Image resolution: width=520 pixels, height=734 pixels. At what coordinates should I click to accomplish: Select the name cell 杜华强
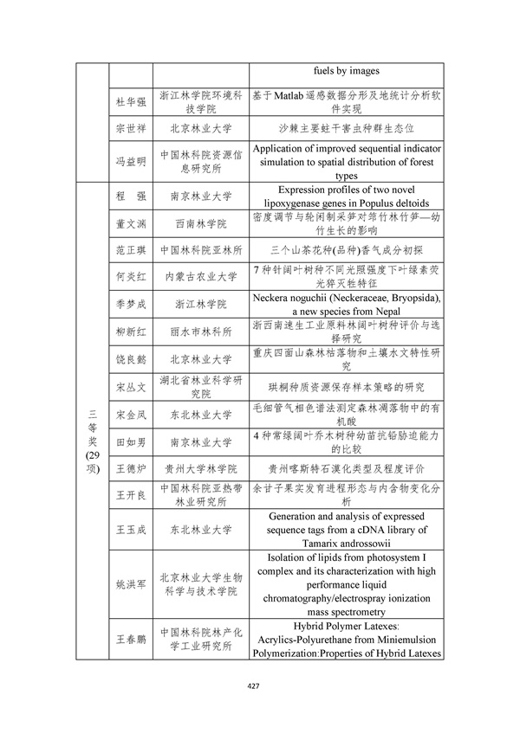click(x=127, y=102)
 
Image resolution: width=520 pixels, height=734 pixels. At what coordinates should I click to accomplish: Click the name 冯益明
click(x=127, y=160)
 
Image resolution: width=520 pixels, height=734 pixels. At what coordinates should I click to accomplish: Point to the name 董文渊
click(x=127, y=223)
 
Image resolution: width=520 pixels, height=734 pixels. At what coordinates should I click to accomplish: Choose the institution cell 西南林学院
click(x=200, y=223)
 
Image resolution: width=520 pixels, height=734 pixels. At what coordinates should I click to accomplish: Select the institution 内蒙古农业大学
click(x=200, y=277)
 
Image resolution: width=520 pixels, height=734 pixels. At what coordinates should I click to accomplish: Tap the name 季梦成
click(x=127, y=304)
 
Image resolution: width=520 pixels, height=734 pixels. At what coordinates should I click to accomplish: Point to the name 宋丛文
click(x=127, y=386)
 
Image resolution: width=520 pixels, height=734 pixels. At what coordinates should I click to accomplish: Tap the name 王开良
click(x=127, y=495)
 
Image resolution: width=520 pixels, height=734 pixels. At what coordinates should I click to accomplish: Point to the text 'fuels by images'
click(x=346, y=71)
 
